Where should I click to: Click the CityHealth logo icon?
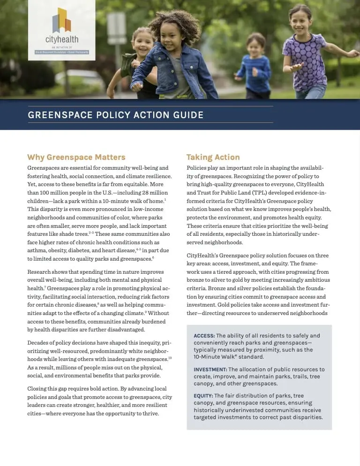point(61,21)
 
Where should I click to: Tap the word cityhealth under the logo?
point(61,39)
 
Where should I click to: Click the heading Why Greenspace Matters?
point(76,157)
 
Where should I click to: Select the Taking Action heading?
point(213,157)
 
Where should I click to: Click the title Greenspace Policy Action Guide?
point(116,115)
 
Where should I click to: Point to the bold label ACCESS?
point(204,336)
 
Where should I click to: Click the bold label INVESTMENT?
point(210,369)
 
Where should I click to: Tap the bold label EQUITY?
point(203,396)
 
